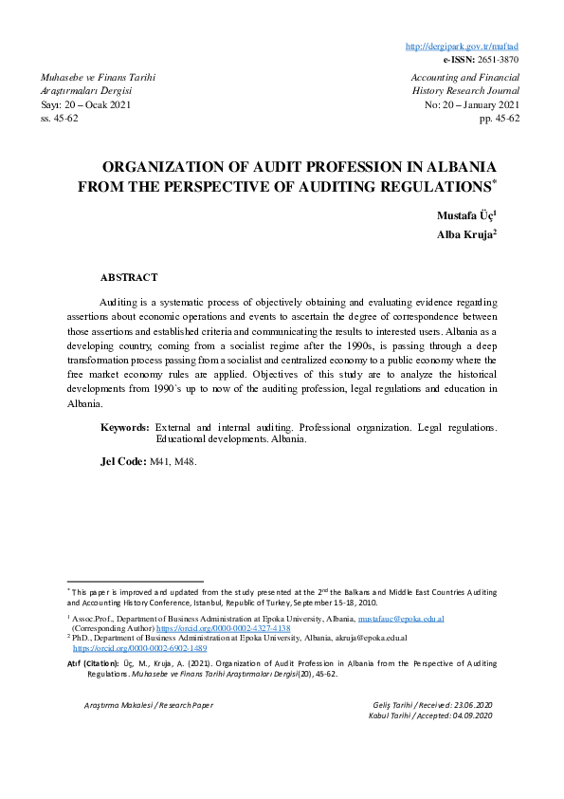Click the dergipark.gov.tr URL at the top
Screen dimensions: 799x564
[x=474, y=46]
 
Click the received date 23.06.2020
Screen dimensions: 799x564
[x=475, y=706]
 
